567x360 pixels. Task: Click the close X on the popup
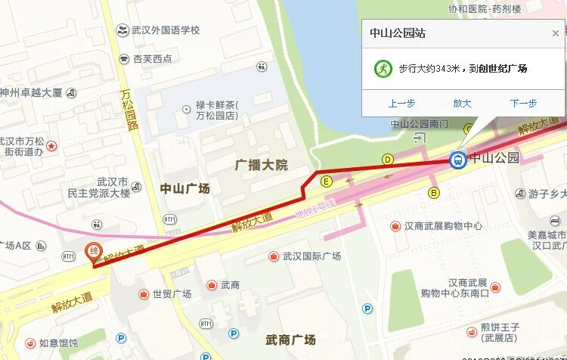556,33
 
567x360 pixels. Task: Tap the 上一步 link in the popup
401,104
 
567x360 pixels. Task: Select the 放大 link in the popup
462,104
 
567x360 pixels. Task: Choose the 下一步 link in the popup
523,104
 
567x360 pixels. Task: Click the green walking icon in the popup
383,68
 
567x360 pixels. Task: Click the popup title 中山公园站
397,33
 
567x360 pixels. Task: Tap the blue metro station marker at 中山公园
457,160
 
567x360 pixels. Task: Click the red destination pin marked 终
94,253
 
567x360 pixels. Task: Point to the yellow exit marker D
388,159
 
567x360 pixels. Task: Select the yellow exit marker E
327,182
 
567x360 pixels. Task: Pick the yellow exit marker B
434,193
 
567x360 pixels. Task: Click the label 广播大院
262,165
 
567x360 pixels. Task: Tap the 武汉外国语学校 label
165,30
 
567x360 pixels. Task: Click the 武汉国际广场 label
311,256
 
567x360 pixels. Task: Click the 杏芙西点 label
152,58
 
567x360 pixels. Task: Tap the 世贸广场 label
171,294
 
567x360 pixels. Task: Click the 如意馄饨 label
58,343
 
